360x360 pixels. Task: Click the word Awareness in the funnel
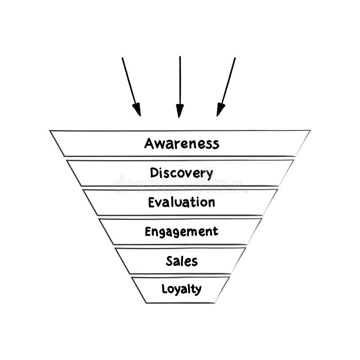tap(181, 144)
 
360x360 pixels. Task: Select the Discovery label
tap(181, 173)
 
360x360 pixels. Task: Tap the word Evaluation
tap(181, 202)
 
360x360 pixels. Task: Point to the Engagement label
tap(181, 232)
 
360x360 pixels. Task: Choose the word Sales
tap(181, 261)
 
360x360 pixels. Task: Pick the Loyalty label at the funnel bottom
tap(181, 289)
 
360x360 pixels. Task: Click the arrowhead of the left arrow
tap(137, 109)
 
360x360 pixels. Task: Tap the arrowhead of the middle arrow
tap(180, 110)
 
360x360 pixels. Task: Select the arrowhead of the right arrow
tap(220, 109)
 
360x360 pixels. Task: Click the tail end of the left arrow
tap(122, 58)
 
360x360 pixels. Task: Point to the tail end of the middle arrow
tap(180, 57)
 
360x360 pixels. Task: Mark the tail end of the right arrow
tap(235, 58)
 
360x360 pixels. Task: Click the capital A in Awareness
tap(149, 144)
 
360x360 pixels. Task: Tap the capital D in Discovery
tap(154, 172)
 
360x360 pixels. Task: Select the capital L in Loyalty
tap(165, 288)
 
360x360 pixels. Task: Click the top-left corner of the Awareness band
tap(50, 131)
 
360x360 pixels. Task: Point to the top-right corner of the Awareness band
tap(310, 130)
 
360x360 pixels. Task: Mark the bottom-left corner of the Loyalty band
tap(146, 302)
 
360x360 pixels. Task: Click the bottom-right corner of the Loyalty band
tap(215, 302)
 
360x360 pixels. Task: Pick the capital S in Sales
tap(170, 261)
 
